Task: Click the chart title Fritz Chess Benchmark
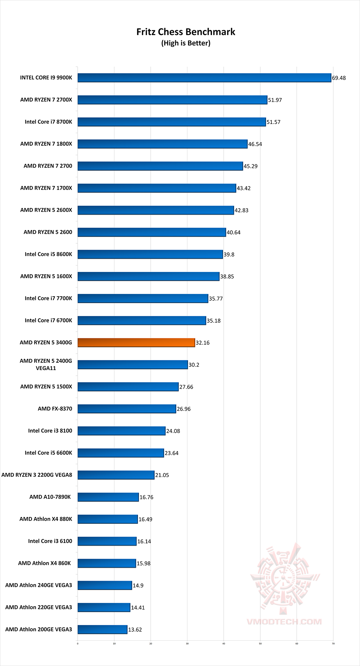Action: pos(186,32)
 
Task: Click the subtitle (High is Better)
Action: pos(186,43)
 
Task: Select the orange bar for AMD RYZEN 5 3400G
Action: pos(136,343)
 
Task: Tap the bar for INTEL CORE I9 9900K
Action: pos(204,78)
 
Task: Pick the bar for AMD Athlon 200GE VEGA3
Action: pos(102,629)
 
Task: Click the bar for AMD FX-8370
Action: pos(127,409)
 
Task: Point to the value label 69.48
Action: pos(339,78)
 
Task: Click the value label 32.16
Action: pos(202,343)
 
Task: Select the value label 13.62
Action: pos(135,630)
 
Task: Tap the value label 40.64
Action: pos(233,232)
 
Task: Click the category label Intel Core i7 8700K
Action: pos(48,122)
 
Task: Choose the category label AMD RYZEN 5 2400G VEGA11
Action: pos(46,365)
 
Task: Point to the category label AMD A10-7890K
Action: pos(50,497)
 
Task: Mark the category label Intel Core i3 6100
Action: pos(50,541)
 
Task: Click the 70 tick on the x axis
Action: pos(333,644)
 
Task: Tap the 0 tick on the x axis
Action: pos(78,644)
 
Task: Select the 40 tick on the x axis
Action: pos(224,644)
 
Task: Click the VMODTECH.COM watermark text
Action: pos(284,622)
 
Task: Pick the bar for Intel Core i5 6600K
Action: pos(121,453)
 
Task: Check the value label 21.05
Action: pos(162,475)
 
